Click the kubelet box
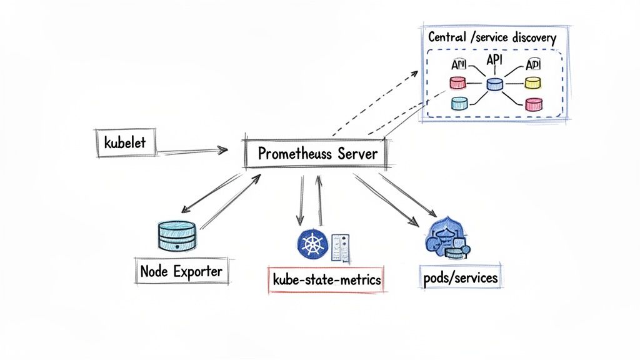125,142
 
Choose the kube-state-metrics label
325,279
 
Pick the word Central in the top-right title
447,37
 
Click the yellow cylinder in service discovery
532,82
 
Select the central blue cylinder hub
494,84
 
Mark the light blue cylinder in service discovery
460,103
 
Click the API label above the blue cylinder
494,61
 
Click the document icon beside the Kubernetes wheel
341,248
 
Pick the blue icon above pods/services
446,238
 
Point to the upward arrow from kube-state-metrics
320,199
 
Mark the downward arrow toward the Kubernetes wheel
301,199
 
